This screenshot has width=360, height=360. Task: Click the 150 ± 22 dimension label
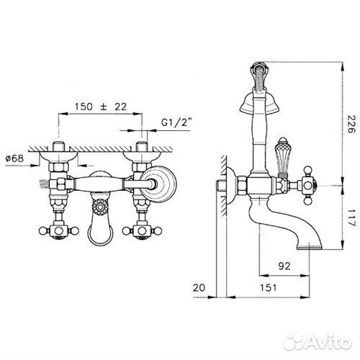click(x=101, y=107)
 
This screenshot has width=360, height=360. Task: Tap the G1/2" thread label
click(x=176, y=122)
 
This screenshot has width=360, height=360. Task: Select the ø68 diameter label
click(x=14, y=158)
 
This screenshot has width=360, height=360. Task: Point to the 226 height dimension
click(x=351, y=124)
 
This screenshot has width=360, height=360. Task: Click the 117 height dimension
click(x=351, y=217)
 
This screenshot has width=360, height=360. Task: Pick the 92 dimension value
click(x=284, y=266)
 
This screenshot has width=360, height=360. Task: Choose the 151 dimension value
click(x=269, y=287)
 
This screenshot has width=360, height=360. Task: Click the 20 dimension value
click(x=199, y=287)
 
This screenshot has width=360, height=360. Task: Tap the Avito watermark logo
click(x=318, y=341)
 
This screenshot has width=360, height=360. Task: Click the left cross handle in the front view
click(x=58, y=230)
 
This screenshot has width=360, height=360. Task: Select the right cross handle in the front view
click(x=142, y=231)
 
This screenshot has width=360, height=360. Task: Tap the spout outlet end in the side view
click(x=309, y=246)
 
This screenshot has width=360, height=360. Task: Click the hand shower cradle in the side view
click(x=259, y=103)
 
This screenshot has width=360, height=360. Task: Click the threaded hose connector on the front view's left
click(x=44, y=184)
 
